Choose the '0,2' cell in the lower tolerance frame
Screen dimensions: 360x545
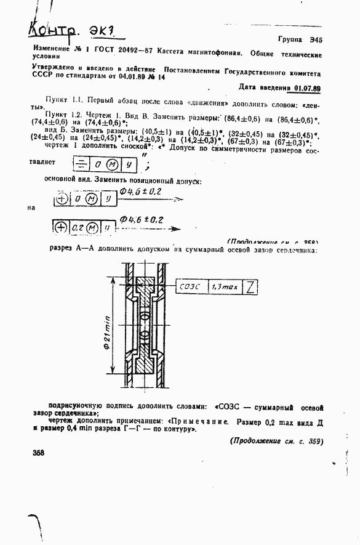coord(78,227)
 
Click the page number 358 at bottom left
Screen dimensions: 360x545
coord(39,453)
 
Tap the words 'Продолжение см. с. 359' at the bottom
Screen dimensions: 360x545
coord(276,441)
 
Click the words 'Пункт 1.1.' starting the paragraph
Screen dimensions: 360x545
coord(65,99)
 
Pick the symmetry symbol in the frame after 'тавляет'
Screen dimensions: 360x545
coord(80,164)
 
